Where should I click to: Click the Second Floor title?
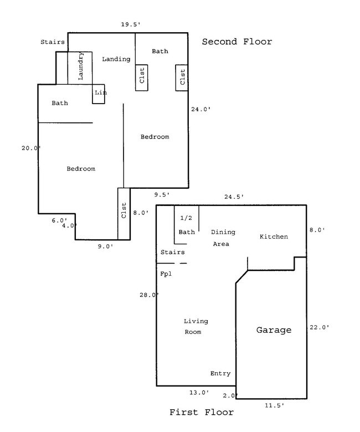(236, 42)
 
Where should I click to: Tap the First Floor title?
(201, 412)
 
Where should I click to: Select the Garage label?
(273, 330)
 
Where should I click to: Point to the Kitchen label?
(274, 236)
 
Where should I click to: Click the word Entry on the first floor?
(220, 374)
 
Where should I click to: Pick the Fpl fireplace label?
(166, 274)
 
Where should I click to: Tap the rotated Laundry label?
(81, 67)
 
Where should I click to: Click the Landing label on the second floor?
(116, 59)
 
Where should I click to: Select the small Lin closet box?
(99, 93)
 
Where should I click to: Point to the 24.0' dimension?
(200, 109)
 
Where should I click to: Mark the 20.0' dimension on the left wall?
(31, 148)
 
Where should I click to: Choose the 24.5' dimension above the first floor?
(234, 197)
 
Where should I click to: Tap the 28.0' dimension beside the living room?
(149, 295)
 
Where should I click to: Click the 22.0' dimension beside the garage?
(320, 327)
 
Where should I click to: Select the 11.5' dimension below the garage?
(274, 405)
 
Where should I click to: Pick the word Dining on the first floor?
(224, 232)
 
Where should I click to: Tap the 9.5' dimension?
(162, 194)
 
